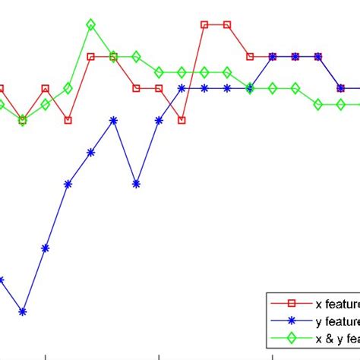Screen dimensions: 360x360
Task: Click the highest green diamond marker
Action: [91, 25]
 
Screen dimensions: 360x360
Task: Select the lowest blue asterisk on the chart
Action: [23, 311]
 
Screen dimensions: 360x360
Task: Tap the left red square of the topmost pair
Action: [204, 24]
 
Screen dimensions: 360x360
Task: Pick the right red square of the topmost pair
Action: [227, 24]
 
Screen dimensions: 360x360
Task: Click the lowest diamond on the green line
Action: [23, 120]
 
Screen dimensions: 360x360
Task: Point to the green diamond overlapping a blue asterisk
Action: [250, 88]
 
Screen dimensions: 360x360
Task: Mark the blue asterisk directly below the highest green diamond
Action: [91, 152]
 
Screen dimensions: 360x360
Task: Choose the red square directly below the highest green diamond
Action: [91, 56]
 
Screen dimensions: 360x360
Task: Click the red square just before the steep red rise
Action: [182, 120]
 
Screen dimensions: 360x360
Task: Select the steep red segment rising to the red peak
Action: [193, 72]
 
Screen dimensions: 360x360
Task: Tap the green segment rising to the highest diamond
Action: [80, 56]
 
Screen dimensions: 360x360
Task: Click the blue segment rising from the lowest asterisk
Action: [34, 279]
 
